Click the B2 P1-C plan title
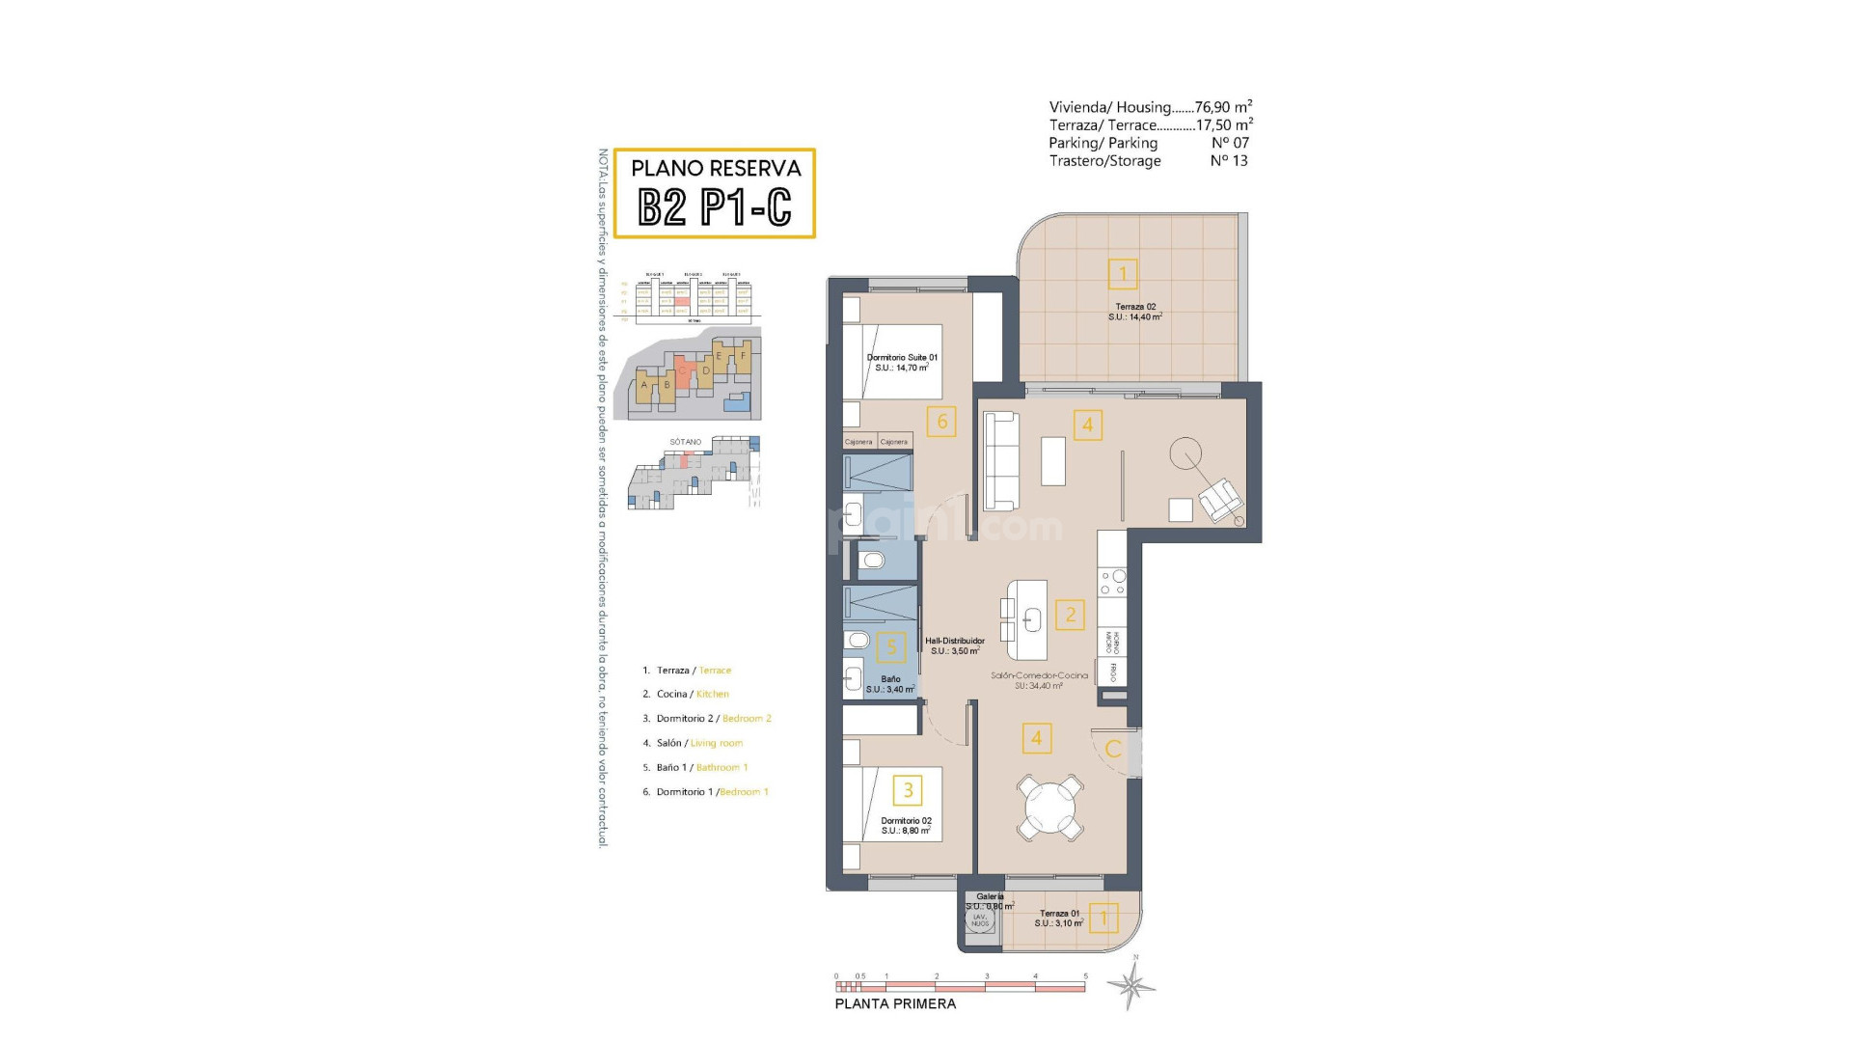(715, 206)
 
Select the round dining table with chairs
(1049, 806)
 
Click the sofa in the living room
(1001, 461)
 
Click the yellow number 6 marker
(941, 421)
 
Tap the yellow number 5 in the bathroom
(891, 647)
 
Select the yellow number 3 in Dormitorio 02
(908, 790)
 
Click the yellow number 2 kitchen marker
(1070, 615)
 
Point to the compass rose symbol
(1131, 985)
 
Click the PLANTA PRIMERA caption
(894, 1003)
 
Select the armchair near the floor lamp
(1219, 499)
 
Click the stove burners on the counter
(1112, 581)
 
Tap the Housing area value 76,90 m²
(1222, 107)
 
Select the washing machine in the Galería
(980, 920)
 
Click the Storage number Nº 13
(1229, 161)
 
